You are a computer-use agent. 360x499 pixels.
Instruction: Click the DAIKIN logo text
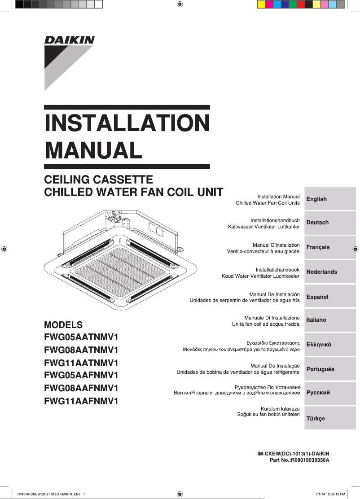(x=69, y=40)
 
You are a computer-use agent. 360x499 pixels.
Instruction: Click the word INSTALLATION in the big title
(x=127, y=123)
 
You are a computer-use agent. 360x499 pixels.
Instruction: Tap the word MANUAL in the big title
(x=93, y=150)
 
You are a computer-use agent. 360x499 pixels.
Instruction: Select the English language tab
(x=330, y=199)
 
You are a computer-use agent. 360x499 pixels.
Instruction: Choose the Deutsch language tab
(x=330, y=223)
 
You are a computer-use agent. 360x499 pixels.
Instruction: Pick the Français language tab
(x=330, y=247)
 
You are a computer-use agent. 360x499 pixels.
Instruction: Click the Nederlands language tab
(x=330, y=272)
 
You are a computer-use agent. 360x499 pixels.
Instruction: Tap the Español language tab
(x=330, y=297)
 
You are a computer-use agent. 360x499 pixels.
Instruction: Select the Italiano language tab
(x=330, y=320)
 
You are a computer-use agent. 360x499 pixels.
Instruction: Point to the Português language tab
(x=330, y=369)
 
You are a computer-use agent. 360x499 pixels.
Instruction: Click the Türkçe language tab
(x=330, y=418)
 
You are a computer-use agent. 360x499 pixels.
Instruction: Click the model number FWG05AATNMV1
(x=81, y=337)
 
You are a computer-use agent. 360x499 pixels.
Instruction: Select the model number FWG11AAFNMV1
(x=81, y=401)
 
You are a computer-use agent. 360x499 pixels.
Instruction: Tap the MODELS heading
(x=63, y=325)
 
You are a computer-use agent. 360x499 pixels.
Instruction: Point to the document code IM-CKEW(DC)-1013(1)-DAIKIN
(x=293, y=454)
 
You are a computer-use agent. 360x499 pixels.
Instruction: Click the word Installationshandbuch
(x=275, y=220)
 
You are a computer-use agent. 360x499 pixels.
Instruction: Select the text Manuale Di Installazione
(x=272, y=318)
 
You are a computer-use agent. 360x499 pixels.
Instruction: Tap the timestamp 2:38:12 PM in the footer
(x=336, y=494)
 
